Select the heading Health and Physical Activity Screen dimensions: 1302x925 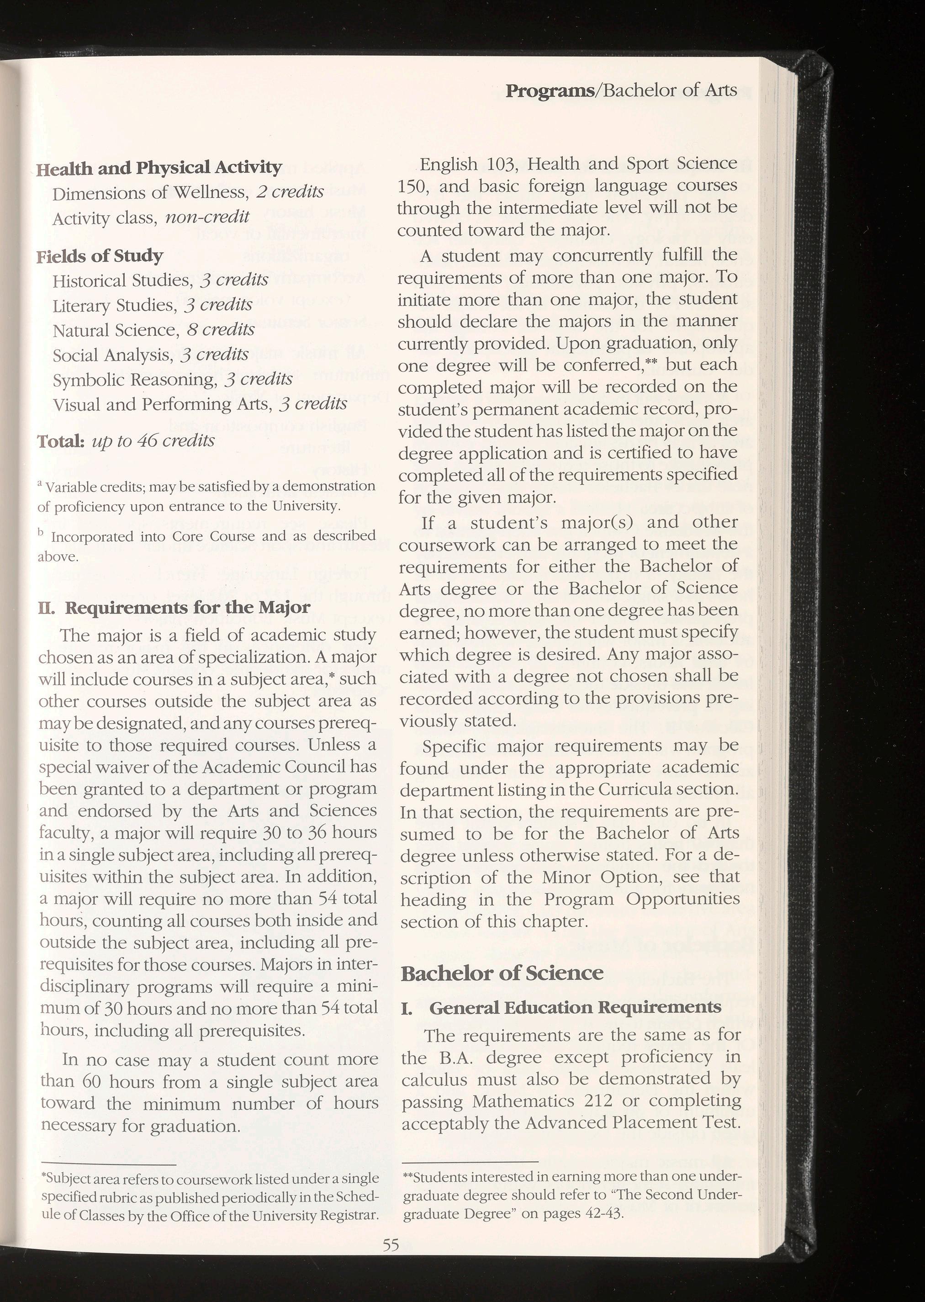(x=159, y=168)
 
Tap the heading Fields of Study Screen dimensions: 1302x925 (x=100, y=256)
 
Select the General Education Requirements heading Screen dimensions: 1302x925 (x=575, y=1007)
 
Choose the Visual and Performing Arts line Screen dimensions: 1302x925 (x=199, y=404)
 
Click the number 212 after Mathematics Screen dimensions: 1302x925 (x=596, y=1101)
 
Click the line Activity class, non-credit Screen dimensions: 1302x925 (x=150, y=217)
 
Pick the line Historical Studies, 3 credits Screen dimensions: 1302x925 (x=160, y=280)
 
